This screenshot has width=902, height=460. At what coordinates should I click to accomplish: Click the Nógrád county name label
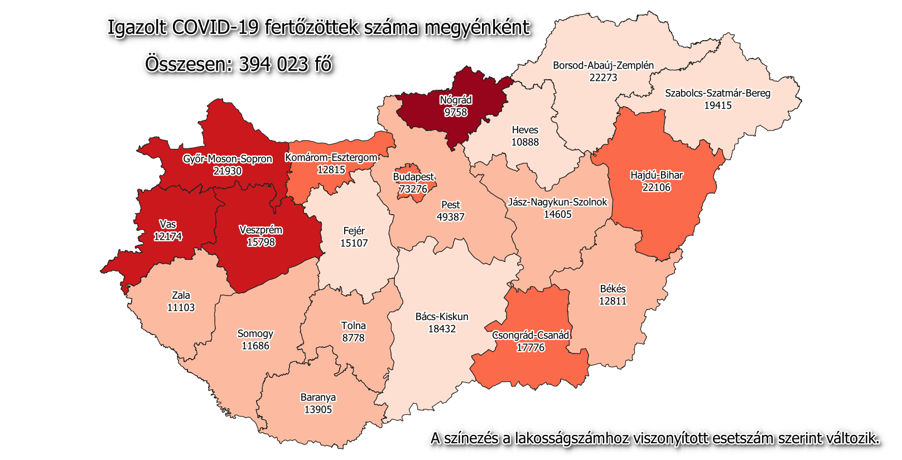click(x=456, y=100)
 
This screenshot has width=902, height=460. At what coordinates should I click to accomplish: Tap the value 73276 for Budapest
click(x=413, y=189)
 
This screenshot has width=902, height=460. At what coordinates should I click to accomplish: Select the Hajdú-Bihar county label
click(x=656, y=175)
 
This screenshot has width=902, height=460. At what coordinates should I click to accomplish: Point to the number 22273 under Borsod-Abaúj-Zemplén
click(x=603, y=78)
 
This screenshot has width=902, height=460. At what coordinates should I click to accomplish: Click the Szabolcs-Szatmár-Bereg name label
click(x=717, y=93)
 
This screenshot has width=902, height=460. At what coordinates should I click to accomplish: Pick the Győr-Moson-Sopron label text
click(x=228, y=159)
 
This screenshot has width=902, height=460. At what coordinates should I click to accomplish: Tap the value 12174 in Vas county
click(x=168, y=236)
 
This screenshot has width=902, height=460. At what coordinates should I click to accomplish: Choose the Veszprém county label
click(x=261, y=230)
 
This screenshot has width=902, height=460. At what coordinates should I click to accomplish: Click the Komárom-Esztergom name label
click(x=331, y=158)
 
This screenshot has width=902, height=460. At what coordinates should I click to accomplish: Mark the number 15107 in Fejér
click(x=354, y=243)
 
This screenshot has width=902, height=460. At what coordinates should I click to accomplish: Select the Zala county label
click(x=181, y=296)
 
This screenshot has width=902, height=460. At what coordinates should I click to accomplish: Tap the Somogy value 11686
click(x=255, y=346)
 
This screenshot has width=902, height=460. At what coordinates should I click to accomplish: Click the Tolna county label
click(x=353, y=326)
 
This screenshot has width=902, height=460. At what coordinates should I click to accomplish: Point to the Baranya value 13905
click(x=318, y=409)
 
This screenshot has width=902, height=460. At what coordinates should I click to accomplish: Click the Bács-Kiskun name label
click(x=442, y=317)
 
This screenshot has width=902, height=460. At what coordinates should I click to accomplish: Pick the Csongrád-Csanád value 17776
click(x=530, y=347)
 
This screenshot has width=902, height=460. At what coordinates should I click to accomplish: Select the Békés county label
click(x=612, y=289)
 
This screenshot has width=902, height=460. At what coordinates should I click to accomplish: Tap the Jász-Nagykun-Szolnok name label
click(x=557, y=202)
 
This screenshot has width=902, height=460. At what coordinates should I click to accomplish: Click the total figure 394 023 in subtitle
click(x=273, y=64)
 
